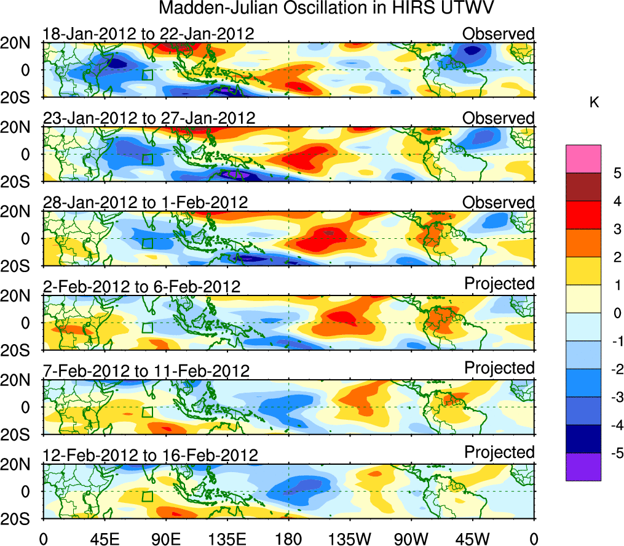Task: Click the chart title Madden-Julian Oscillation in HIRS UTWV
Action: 327,9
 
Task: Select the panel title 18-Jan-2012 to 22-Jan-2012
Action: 148,34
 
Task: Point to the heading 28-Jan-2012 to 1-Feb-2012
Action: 145,203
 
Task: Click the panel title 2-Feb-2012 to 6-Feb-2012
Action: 141,287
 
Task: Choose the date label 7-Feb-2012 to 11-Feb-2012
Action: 146,371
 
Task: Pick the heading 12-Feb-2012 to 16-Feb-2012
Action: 150,456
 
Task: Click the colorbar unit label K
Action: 594,103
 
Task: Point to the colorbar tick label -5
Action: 612,453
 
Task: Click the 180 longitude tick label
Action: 289,539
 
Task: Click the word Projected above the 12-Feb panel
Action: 499,452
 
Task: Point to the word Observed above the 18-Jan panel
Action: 499,34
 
